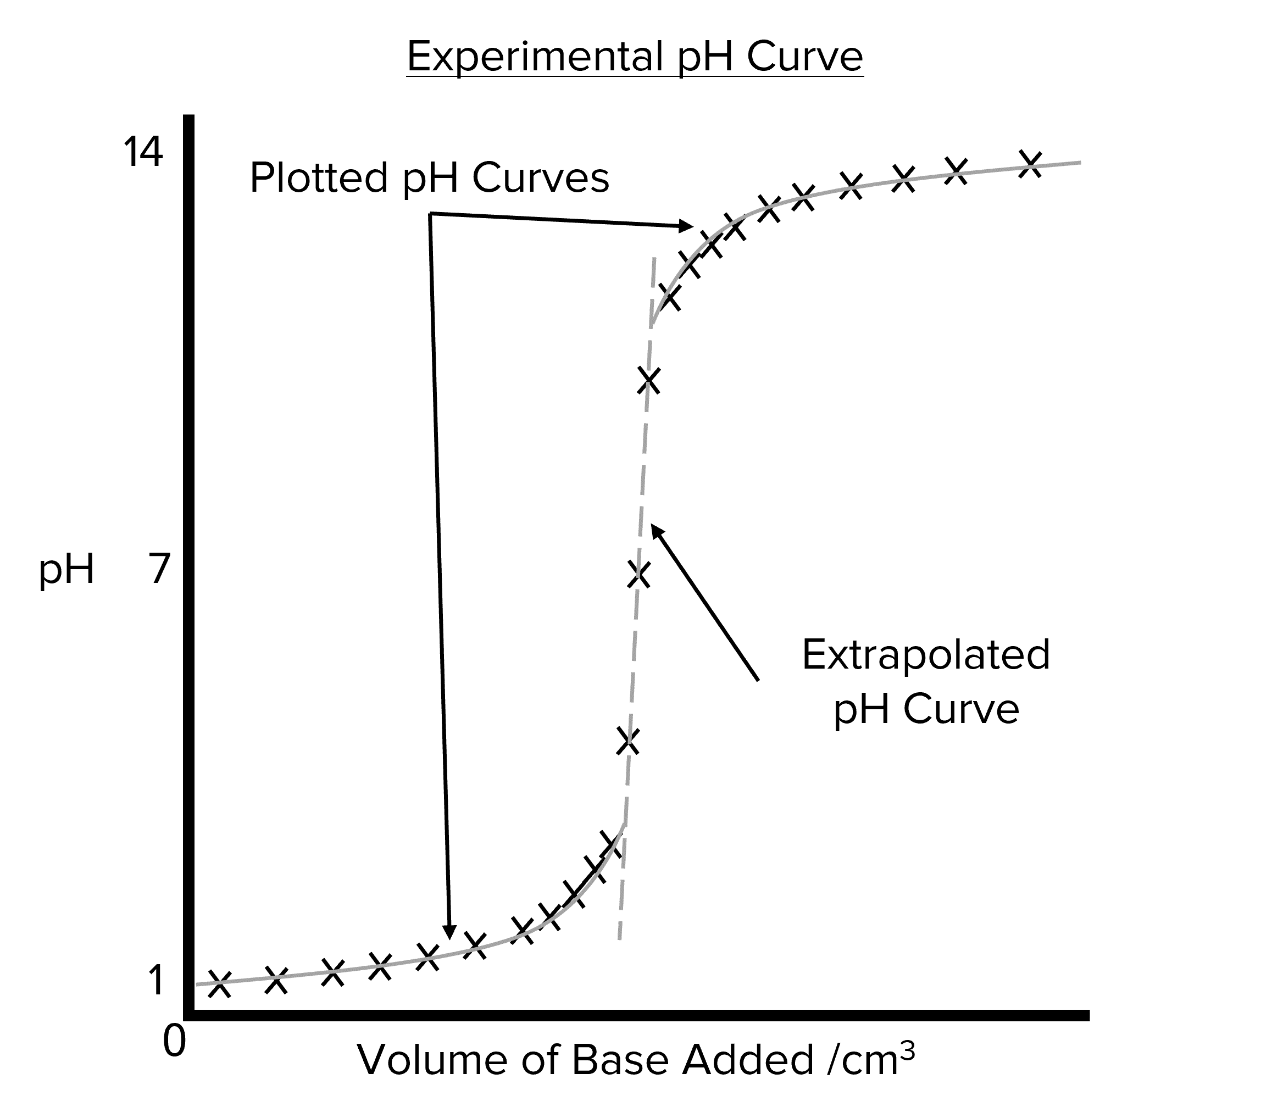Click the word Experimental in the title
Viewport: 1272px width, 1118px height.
[535, 57]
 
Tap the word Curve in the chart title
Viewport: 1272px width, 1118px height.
[804, 57]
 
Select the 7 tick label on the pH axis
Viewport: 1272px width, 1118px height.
[159, 569]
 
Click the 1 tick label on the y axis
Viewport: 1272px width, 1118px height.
[155, 981]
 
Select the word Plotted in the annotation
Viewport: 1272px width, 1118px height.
[319, 178]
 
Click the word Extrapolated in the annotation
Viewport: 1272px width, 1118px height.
[926, 655]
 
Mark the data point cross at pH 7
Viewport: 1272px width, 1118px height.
[638, 574]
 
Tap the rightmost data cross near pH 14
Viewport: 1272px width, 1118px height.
[1031, 164]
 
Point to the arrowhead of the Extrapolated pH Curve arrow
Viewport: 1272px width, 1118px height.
[656, 530]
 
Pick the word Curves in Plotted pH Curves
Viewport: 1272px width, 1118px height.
[540, 178]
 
